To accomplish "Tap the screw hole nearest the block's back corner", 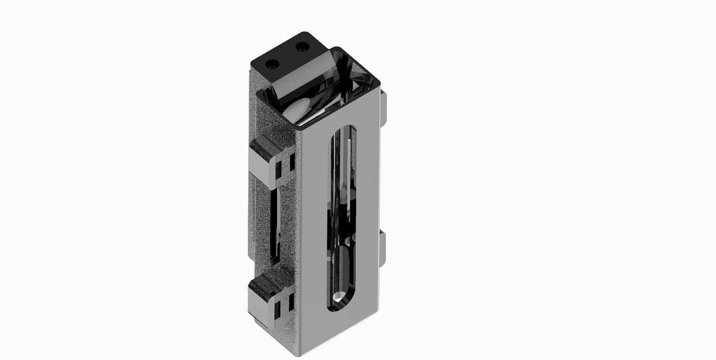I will coord(302,47).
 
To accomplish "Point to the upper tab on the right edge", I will coord(383,110).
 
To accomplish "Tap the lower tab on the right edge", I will coord(382,248).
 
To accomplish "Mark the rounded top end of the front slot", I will coord(345,130).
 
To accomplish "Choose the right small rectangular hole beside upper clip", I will coord(292,162).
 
